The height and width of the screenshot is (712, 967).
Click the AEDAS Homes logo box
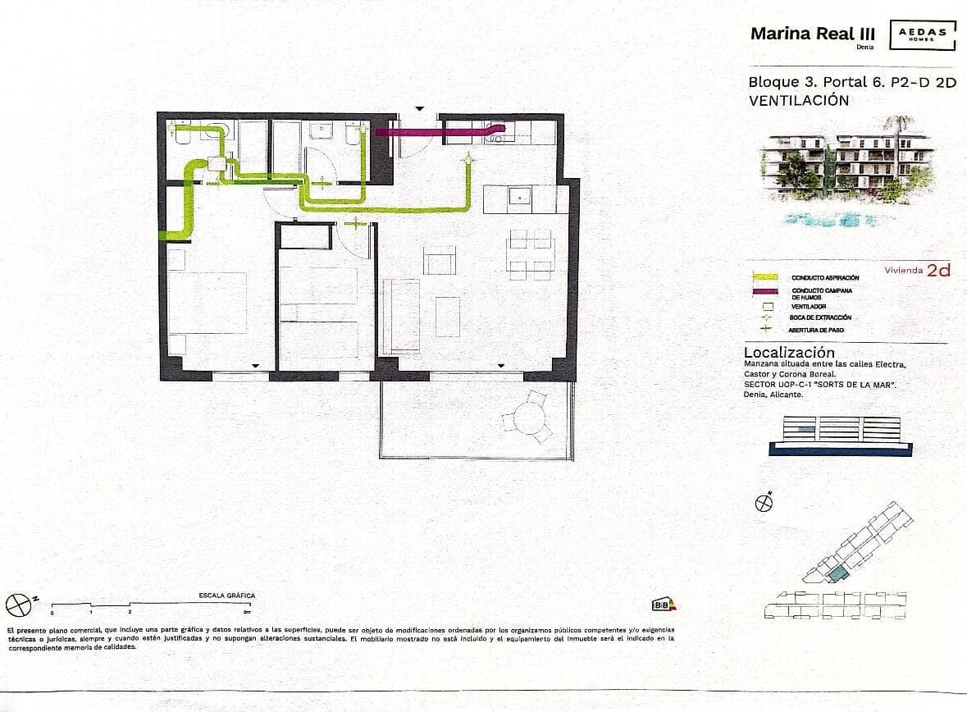click(923, 34)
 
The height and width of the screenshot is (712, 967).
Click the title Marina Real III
click(813, 34)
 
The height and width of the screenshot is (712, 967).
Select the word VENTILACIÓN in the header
click(798, 101)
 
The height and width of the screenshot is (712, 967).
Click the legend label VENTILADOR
click(809, 306)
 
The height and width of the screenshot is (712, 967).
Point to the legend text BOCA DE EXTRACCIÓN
click(820, 317)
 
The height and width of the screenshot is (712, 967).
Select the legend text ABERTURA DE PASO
click(815, 330)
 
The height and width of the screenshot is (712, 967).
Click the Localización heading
click(788, 353)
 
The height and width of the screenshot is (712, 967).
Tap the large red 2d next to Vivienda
click(938, 271)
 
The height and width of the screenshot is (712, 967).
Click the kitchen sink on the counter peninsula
click(519, 197)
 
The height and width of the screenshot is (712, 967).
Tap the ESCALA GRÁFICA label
click(227, 596)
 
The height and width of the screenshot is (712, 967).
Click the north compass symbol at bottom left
click(18, 605)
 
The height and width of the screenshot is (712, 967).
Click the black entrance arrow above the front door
click(419, 108)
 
